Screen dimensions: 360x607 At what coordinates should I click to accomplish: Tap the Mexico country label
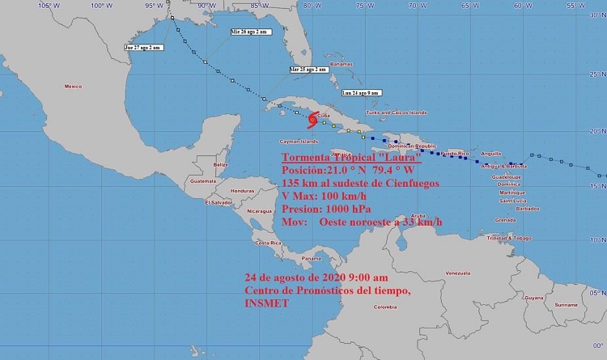(74, 86)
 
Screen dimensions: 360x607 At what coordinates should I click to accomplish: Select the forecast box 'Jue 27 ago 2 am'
(143, 48)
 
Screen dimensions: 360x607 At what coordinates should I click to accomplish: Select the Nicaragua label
(262, 210)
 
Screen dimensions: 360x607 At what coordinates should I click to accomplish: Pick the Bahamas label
(342, 64)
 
